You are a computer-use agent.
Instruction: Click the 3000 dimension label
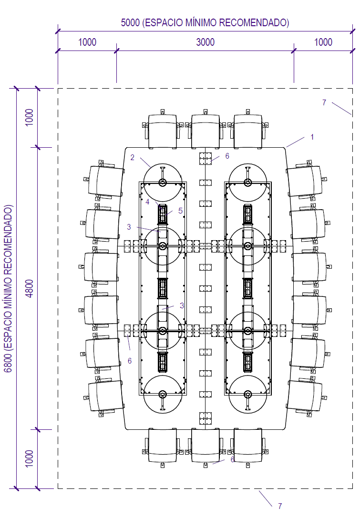(x=206, y=42)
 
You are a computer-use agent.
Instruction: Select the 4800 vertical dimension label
(x=30, y=289)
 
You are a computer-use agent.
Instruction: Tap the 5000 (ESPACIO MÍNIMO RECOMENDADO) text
(x=205, y=23)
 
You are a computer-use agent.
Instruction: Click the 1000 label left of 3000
(x=87, y=42)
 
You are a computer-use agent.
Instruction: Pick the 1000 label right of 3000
(x=323, y=42)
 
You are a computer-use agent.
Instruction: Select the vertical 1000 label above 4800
(x=30, y=117)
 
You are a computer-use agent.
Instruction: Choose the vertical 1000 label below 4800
(x=30, y=458)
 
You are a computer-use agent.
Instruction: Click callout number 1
(x=312, y=137)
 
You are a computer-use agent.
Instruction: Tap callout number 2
(x=132, y=158)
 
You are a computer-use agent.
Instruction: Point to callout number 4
(x=147, y=202)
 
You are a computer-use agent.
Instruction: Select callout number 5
(x=181, y=211)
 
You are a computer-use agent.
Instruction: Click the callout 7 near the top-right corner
(x=324, y=103)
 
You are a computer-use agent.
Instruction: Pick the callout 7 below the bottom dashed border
(x=280, y=506)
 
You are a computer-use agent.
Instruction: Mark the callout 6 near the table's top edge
(x=227, y=156)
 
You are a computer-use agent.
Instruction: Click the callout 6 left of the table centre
(x=130, y=361)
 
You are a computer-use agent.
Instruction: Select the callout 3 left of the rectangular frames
(x=129, y=227)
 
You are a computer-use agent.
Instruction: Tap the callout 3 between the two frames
(x=182, y=305)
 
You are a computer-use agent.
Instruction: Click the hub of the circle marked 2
(x=162, y=182)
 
